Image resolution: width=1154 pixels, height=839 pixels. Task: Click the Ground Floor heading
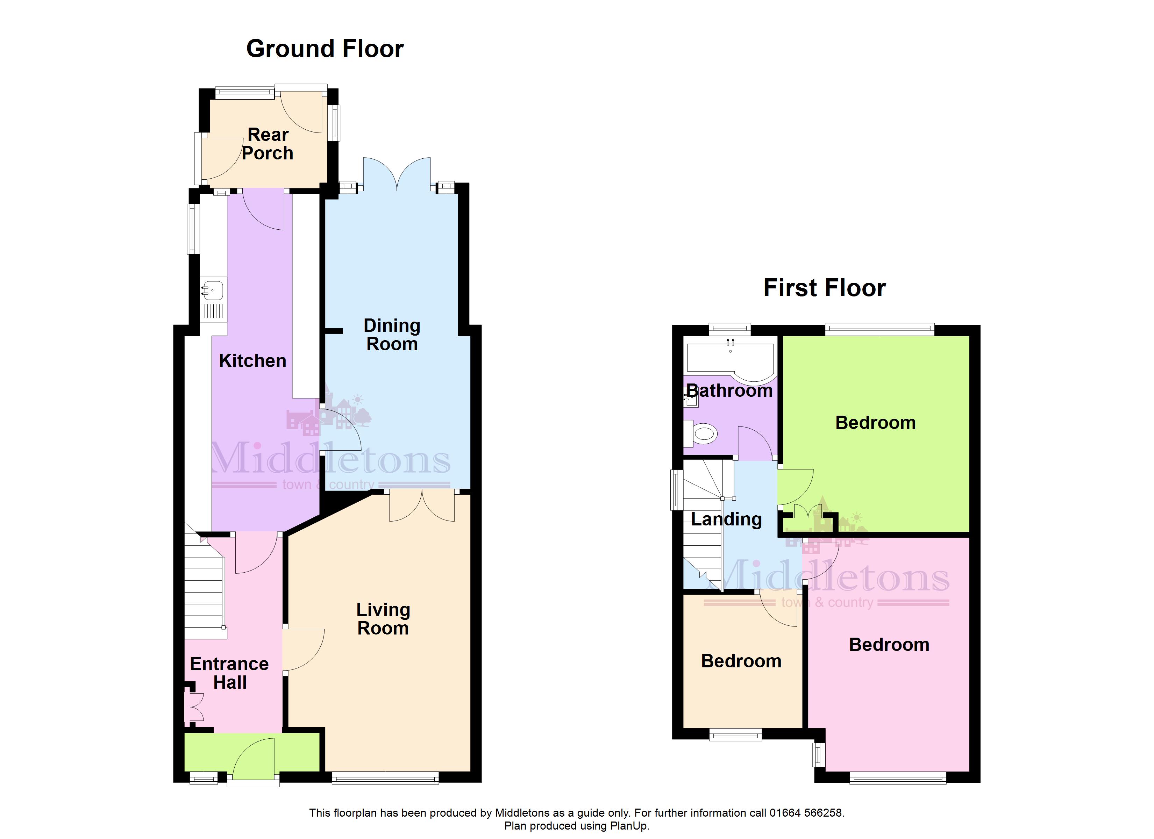tap(325, 49)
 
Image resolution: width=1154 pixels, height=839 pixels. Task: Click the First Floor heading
tap(824, 288)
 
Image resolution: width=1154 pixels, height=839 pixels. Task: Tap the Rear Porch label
tap(268, 144)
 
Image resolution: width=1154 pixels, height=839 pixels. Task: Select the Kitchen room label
tap(252, 361)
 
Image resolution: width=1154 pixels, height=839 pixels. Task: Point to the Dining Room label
tap(392, 335)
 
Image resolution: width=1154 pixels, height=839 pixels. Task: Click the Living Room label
tap(383, 619)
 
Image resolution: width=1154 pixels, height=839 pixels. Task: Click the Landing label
tap(727, 519)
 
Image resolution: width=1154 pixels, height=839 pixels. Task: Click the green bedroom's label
tap(876, 423)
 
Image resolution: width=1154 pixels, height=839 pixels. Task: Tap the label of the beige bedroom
tap(741, 661)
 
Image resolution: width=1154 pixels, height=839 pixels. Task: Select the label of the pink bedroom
tap(889, 645)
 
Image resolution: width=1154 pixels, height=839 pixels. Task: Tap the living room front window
tap(385, 777)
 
